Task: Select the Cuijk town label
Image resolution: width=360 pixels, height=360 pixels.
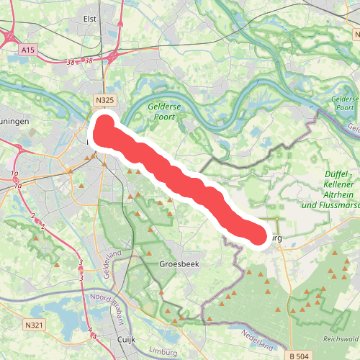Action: (127, 337)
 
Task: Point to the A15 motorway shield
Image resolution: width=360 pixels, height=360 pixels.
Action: (28, 50)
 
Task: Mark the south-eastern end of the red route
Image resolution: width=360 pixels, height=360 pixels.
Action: (254, 234)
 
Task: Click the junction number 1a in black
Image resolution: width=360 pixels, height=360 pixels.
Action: (14, 174)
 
